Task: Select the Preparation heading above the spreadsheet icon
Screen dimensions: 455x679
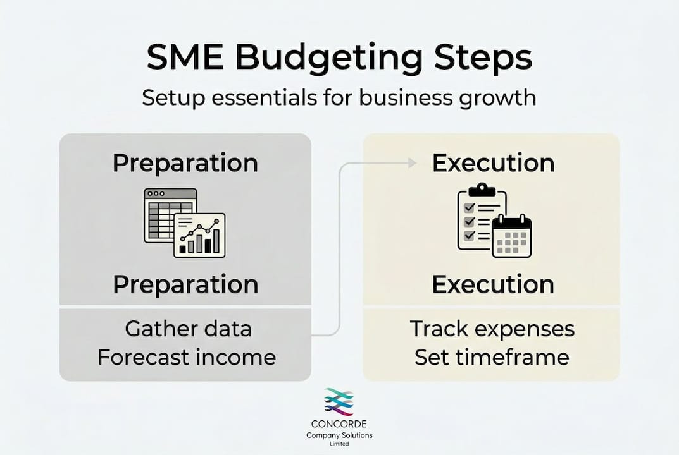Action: click(x=185, y=163)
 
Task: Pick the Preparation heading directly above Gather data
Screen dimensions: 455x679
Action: click(x=185, y=285)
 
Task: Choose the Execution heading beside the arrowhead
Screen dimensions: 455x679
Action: click(x=493, y=163)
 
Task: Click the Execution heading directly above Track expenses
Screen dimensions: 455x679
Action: click(x=493, y=285)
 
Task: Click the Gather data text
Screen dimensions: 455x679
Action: click(x=188, y=329)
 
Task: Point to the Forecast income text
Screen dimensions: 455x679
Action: click(x=187, y=357)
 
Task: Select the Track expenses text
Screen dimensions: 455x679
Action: click(x=492, y=329)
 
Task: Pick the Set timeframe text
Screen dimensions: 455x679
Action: click(x=492, y=357)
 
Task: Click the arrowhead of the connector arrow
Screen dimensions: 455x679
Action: click(x=412, y=163)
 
